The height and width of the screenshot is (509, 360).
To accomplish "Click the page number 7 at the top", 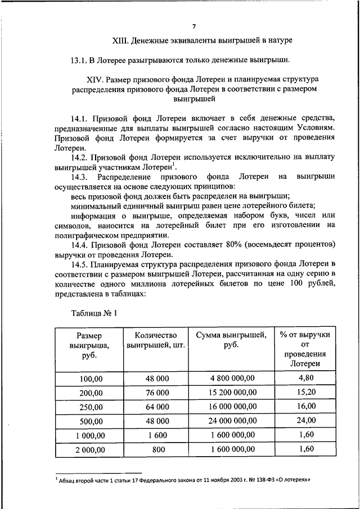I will (193, 26).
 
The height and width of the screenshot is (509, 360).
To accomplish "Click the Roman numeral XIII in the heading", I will (121, 40).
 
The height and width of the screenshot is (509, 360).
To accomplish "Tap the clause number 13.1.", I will (80, 60).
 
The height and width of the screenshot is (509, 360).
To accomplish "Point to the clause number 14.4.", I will (81, 245).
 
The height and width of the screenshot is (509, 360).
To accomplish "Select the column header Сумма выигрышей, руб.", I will (231, 340).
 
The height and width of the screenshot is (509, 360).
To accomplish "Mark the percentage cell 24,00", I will (307, 420).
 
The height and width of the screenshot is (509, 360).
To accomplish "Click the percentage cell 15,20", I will (307, 392).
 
